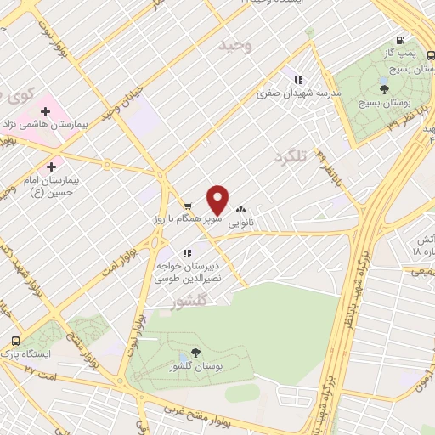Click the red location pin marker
point(218,201)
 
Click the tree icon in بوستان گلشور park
point(196,352)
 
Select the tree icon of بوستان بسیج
point(384,88)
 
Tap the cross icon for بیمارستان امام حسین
point(53,167)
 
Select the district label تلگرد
point(290,157)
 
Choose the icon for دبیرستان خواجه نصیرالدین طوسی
point(186,252)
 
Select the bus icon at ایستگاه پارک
point(14,340)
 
